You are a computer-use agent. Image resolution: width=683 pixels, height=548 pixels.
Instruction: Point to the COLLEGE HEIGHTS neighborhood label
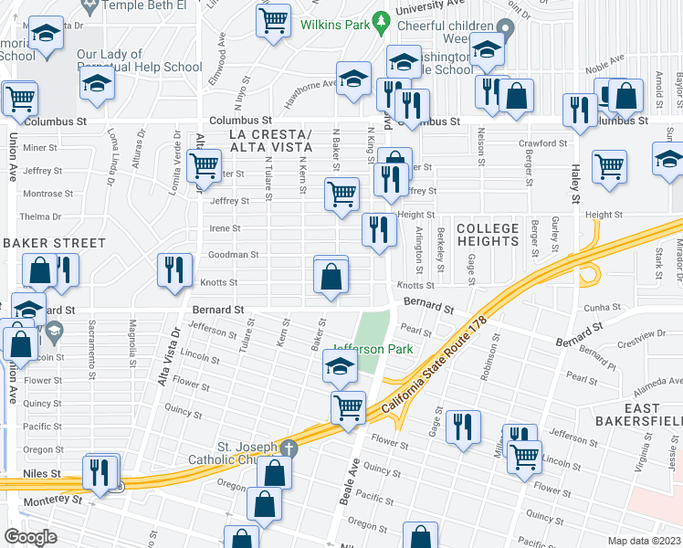click(x=488, y=235)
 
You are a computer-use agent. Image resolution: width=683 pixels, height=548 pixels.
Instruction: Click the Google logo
click(x=30, y=536)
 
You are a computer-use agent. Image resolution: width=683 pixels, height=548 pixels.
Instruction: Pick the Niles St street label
click(x=42, y=474)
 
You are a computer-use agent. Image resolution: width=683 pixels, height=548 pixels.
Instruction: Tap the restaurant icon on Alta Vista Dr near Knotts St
click(x=173, y=269)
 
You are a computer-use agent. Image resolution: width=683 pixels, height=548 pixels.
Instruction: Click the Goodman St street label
click(x=224, y=257)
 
